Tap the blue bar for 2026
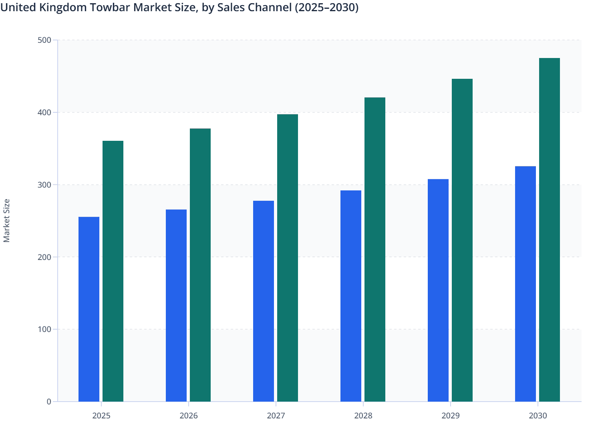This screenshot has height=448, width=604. pyautogui.click(x=176, y=306)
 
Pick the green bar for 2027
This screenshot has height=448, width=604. pyautogui.click(x=288, y=258)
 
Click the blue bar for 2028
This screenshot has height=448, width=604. pyautogui.click(x=351, y=296)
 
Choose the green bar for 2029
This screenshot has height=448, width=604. pyautogui.click(x=462, y=240)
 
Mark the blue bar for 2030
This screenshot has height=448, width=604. pyautogui.click(x=525, y=284)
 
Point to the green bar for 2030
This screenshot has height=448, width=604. pyautogui.click(x=550, y=230)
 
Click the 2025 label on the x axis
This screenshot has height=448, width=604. pyautogui.click(x=101, y=416)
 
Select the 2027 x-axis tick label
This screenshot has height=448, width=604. pyautogui.click(x=276, y=416)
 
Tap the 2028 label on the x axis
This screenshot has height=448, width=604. pyautogui.click(x=363, y=416)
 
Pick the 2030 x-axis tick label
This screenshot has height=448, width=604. pyautogui.click(x=538, y=416)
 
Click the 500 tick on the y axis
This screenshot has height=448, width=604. pyautogui.click(x=44, y=40)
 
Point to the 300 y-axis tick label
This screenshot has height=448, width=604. pyautogui.click(x=44, y=185)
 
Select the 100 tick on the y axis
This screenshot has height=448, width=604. pyautogui.click(x=44, y=329)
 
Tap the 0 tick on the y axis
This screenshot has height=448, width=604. pyautogui.click(x=49, y=402)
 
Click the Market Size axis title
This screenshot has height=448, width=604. pyautogui.click(x=6, y=220)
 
